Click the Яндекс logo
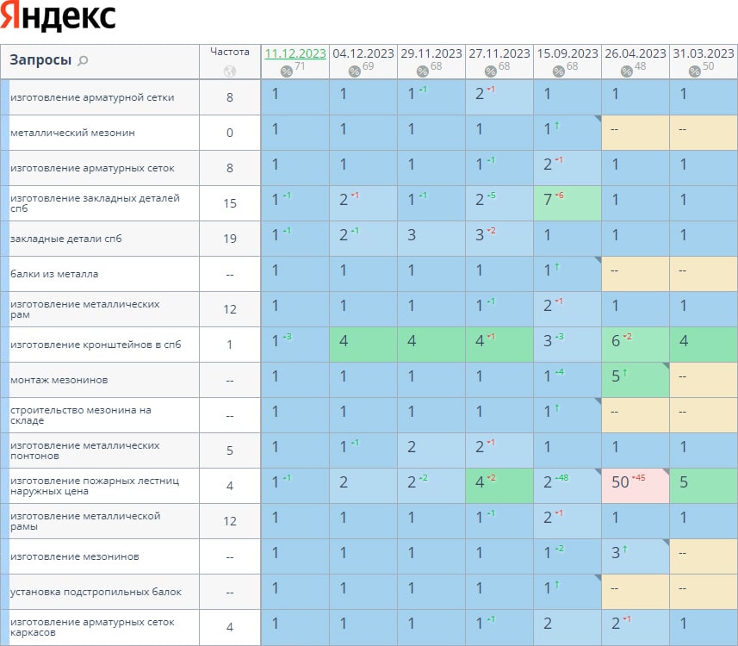coord(58,17)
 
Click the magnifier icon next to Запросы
coord(83,60)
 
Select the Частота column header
coord(229,52)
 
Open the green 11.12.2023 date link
coord(295,53)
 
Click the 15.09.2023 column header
coord(567,53)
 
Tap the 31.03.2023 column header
coord(704,53)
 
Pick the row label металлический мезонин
coord(72,133)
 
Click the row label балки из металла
coord(54,274)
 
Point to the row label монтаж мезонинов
coord(59,380)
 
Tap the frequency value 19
coord(230,239)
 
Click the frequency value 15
coord(230,203)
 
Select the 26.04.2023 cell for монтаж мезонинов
coord(635,380)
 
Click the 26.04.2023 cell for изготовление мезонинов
coord(635,556)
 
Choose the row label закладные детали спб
coord(66,239)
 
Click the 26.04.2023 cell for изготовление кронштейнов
coord(635,345)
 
